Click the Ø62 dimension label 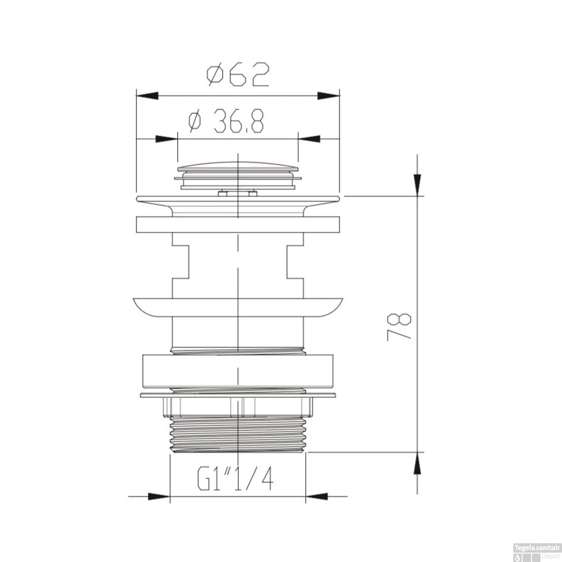[238, 75]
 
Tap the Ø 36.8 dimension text [227, 121]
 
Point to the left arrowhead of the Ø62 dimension [146, 96]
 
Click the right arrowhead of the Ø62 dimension [329, 96]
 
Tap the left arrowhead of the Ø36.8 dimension [166, 139]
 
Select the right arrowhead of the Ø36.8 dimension [309, 139]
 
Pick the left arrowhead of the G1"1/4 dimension [159, 497]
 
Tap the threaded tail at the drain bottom [238, 435]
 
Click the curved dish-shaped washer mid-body [238, 307]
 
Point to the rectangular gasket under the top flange [238, 225]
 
